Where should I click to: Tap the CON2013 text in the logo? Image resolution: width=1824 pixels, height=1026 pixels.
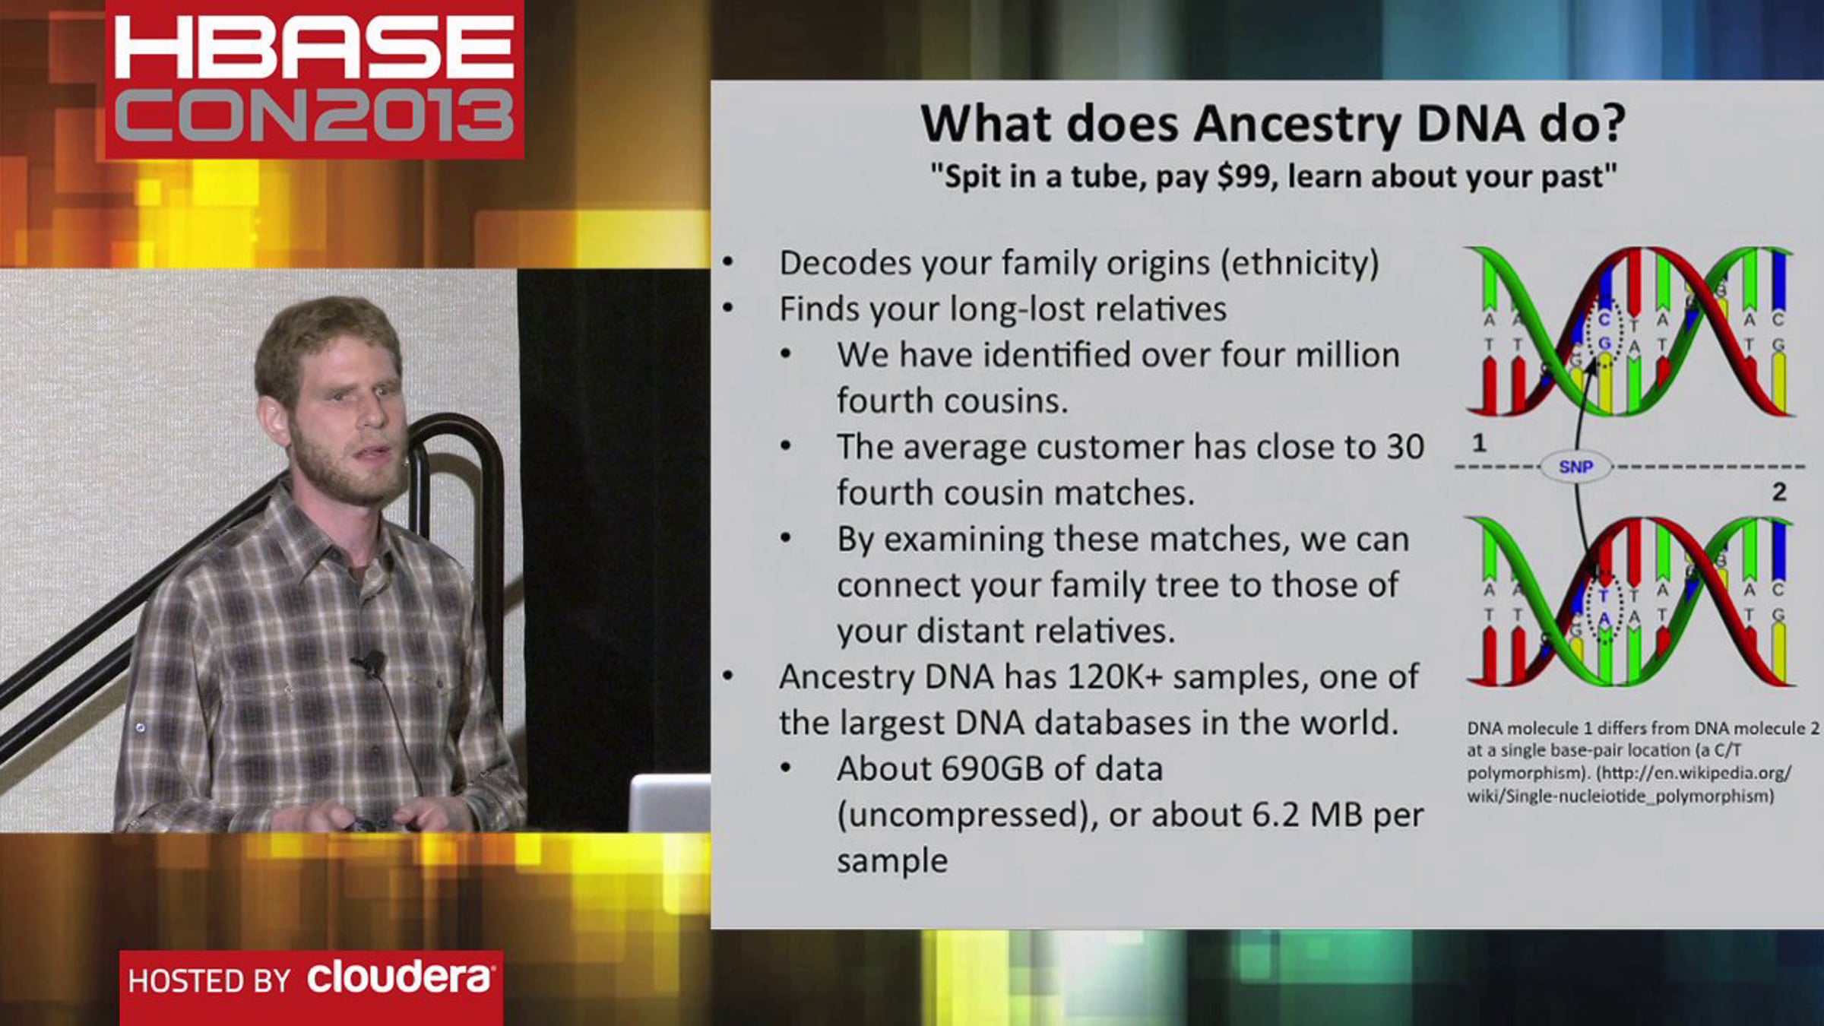(314, 116)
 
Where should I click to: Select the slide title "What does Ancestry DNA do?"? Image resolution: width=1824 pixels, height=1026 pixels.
(1272, 123)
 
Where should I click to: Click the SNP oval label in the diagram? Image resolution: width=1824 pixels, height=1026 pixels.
(1575, 467)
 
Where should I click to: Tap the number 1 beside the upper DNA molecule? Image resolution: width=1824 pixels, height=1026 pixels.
(1478, 442)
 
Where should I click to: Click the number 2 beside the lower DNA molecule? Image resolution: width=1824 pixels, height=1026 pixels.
(1778, 492)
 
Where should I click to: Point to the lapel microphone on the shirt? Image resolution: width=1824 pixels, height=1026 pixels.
(372, 663)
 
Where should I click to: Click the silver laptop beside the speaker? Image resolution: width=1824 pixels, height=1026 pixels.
(669, 803)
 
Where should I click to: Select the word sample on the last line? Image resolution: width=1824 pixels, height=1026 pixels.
(892, 861)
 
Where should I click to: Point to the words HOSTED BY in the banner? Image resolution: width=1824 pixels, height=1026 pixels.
(209, 980)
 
